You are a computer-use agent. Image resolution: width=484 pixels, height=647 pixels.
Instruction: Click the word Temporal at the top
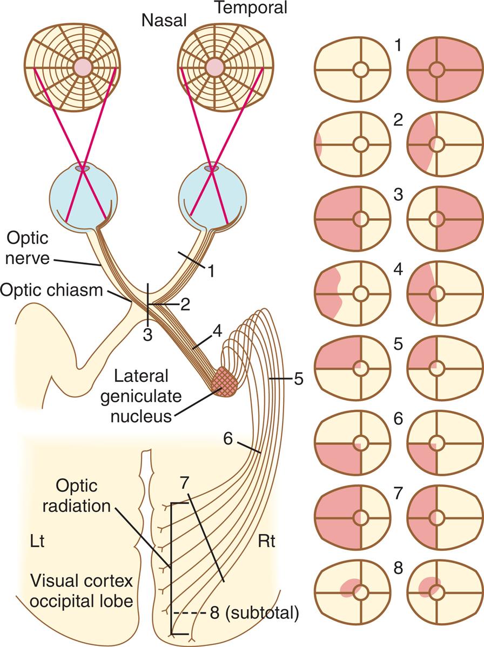(x=251, y=8)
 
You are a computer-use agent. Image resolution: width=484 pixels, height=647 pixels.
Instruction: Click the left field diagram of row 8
(x=352, y=592)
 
